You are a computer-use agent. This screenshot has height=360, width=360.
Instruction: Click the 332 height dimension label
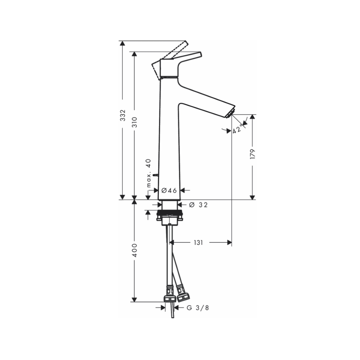coord(123,115)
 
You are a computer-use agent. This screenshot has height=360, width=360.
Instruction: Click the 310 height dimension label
coord(134,122)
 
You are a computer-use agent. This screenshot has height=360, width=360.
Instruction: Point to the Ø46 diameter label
coord(169,190)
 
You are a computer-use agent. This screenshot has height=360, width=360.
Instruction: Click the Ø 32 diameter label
coord(198,205)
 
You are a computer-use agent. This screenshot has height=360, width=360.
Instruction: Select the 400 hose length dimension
coord(134,250)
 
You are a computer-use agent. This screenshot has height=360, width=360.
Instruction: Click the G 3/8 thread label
coord(197,308)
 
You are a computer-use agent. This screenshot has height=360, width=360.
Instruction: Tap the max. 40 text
coord(148,173)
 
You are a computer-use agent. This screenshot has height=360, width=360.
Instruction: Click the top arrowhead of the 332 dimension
coord(123,43)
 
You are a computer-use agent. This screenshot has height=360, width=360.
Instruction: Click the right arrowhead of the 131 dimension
coord(229,243)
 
